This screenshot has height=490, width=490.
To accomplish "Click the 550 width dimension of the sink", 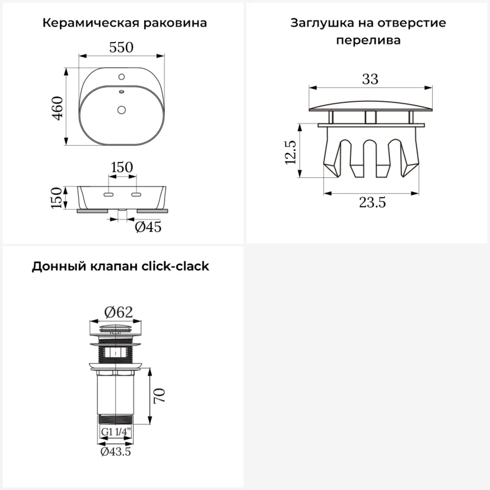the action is tap(121, 47).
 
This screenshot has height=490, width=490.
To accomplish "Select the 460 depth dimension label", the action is tap(57, 108).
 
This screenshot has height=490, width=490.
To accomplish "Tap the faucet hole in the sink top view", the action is tap(122, 76).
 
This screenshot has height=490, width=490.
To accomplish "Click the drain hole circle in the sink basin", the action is tap(122, 110).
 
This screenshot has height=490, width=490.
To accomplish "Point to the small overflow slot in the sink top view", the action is tap(122, 92).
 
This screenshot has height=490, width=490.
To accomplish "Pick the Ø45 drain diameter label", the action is tap(148, 227).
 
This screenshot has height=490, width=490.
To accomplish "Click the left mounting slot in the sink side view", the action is tap(108, 195).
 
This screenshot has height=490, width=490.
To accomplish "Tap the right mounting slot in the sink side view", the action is tap(136, 195).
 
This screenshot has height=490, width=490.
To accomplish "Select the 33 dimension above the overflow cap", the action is tap(370, 79).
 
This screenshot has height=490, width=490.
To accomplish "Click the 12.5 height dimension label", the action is tap(291, 152).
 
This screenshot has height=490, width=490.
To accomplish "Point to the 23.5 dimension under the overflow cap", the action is tap(372, 202).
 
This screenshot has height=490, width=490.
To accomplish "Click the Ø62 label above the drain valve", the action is tap(119, 312).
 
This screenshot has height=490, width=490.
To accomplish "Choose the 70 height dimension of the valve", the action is tap(159, 395).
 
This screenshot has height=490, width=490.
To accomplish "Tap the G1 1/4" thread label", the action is tap(116, 432).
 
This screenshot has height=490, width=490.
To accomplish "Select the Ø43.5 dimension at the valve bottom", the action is tap(116, 452).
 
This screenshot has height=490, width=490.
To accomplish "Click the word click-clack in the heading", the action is tap(175, 266).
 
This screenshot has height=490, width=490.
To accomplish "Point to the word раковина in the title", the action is tap(175, 23).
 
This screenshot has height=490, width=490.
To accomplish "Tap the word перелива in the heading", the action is tap(368, 40).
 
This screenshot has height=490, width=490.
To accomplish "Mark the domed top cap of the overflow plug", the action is tap(370, 106).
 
